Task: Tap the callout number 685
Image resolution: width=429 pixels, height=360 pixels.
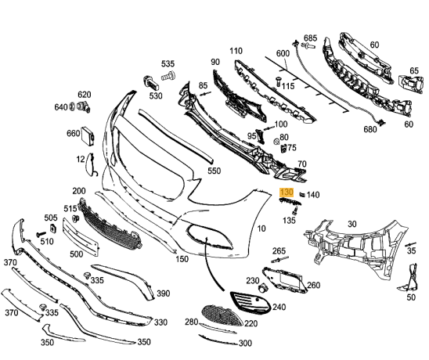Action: tap(310, 38)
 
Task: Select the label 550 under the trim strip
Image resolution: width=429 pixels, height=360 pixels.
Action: tap(213, 169)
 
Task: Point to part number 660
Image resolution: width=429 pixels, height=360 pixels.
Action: tap(73, 134)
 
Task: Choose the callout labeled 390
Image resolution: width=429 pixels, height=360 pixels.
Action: tap(163, 293)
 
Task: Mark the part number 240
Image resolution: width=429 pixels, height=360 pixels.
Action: tap(278, 308)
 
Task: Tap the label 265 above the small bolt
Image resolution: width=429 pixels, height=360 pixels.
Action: tap(279, 250)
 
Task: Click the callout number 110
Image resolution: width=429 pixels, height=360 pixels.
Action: tap(236, 51)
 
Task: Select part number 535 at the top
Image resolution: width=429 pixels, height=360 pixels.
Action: tap(168, 63)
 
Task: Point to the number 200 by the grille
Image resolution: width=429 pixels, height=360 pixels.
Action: tap(79, 191)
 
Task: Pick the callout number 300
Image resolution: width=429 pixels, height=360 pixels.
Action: tap(245, 343)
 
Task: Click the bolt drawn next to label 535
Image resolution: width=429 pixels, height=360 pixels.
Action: tap(167, 77)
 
